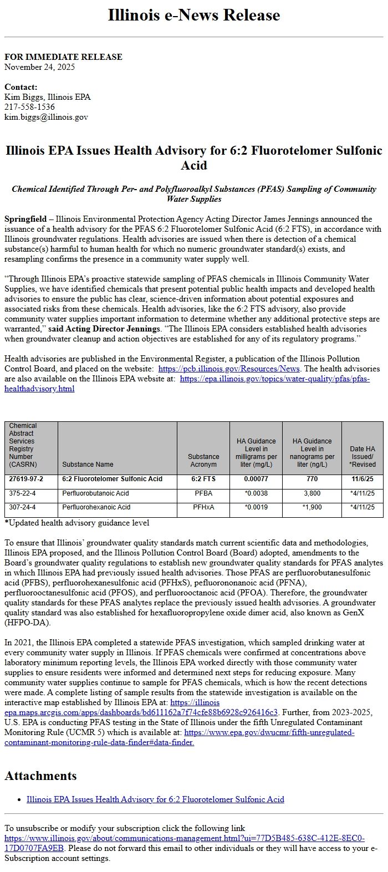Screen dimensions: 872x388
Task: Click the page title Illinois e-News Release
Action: [193, 15]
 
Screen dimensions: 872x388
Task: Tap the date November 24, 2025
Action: [39, 67]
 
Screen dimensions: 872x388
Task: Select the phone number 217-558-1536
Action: [29, 107]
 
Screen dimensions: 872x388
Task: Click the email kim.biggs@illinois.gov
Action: [46, 117]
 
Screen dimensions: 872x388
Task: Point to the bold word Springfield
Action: [25, 219]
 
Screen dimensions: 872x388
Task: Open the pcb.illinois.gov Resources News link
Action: [229, 369]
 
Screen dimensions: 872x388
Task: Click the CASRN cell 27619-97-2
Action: [26, 479]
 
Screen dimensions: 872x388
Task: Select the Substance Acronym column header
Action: [203, 460]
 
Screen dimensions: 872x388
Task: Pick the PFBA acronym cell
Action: [203, 493]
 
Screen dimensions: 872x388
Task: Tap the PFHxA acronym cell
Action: [203, 507]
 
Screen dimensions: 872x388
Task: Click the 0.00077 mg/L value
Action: [256, 479]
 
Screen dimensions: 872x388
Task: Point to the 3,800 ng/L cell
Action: [312, 493]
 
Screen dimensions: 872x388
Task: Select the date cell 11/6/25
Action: [362, 479]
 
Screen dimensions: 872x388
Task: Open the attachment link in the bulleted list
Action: [155, 799]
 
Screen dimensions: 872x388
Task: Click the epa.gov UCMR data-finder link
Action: [269, 733]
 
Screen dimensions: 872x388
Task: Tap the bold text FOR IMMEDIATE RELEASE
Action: [63, 57]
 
